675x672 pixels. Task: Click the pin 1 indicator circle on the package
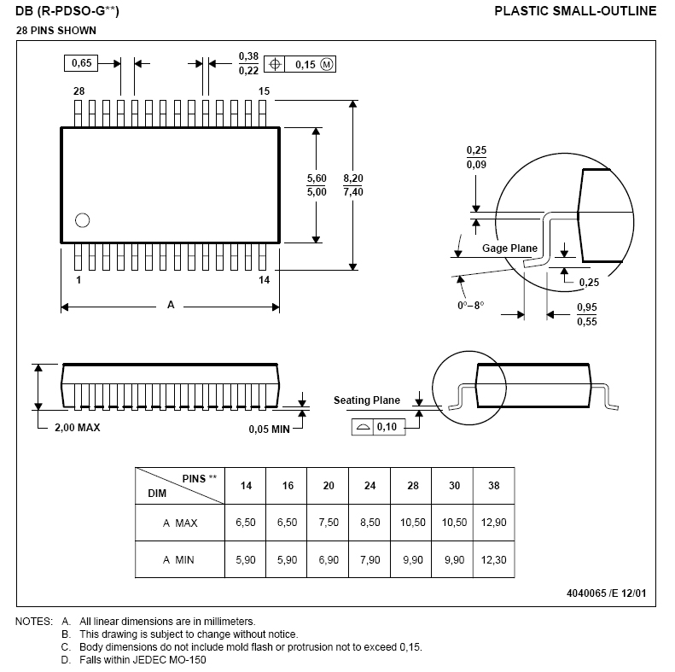(x=82, y=220)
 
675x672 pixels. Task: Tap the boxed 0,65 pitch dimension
(x=81, y=63)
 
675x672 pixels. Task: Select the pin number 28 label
(x=79, y=91)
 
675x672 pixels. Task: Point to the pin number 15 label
(x=264, y=91)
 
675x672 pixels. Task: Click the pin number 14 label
(x=264, y=280)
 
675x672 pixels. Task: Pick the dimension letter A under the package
(x=171, y=305)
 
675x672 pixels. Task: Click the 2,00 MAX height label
(x=77, y=427)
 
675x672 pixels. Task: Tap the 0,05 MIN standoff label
(x=269, y=429)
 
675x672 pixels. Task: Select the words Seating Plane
(x=367, y=400)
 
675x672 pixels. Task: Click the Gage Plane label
(x=509, y=248)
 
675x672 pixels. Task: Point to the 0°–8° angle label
(x=470, y=306)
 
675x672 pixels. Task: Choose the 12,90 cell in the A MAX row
(x=494, y=523)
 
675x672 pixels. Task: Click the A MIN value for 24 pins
(x=370, y=560)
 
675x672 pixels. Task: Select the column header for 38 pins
(x=494, y=486)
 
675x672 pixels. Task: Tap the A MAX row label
(x=180, y=523)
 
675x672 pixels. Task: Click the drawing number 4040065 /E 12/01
(x=606, y=593)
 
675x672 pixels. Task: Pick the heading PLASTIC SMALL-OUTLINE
(x=575, y=11)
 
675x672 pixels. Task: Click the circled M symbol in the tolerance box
(x=327, y=65)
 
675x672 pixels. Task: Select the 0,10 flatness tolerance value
(x=387, y=427)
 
